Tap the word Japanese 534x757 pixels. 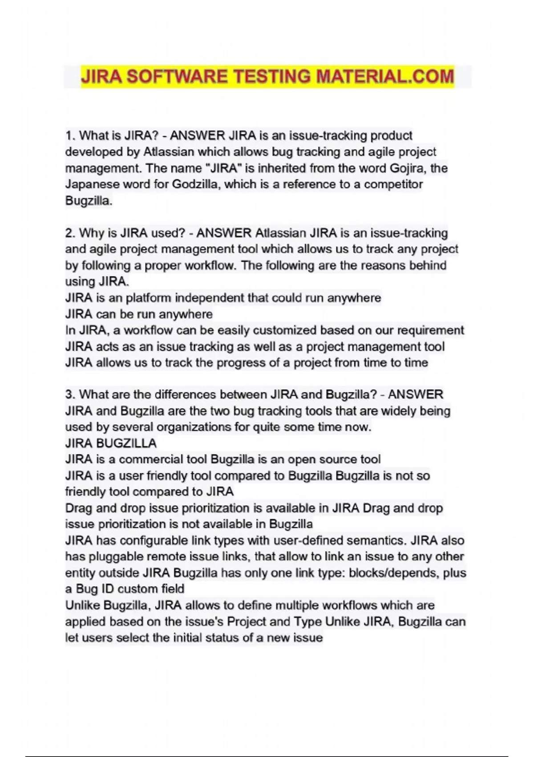[x=92, y=184]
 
